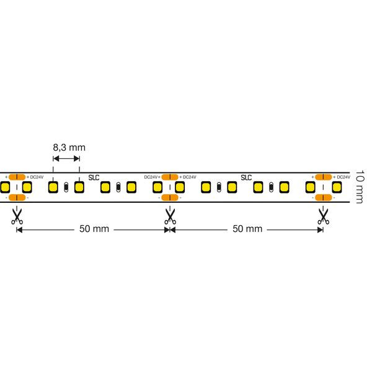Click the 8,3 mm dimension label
pyautogui.click(x=69, y=148)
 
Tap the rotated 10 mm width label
pyautogui.click(x=360, y=187)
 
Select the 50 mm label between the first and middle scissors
pyautogui.click(x=94, y=229)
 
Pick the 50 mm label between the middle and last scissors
pyautogui.click(x=247, y=229)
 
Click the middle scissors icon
pyautogui.click(x=170, y=216)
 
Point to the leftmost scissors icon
pyautogui.click(x=17, y=216)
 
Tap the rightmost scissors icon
pyautogui.click(x=324, y=216)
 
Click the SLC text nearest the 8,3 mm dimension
pyautogui.click(x=94, y=177)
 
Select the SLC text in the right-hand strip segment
pyautogui.click(x=246, y=177)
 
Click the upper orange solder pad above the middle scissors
pyautogui.click(x=170, y=177)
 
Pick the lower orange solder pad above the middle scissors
pyautogui.click(x=170, y=197)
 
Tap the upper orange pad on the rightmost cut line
pyautogui.click(x=323, y=177)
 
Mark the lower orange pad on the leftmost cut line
pyautogui.click(x=17, y=197)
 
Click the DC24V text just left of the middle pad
pyautogui.click(x=151, y=177)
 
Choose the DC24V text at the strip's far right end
pyautogui.click(x=343, y=177)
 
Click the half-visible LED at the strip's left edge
pyautogui.click(x=5, y=187)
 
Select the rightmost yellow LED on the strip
pyautogui.click(x=337, y=187)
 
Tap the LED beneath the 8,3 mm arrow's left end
pyautogui.click(x=53, y=187)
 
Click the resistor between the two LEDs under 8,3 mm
pyautogui.click(x=66, y=187)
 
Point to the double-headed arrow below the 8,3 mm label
pyautogui.click(x=66, y=159)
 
